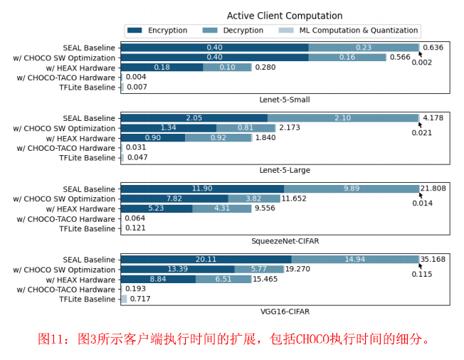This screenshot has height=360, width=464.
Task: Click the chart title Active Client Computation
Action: click(x=284, y=16)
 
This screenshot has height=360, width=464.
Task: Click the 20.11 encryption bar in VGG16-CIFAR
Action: click(x=206, y=260)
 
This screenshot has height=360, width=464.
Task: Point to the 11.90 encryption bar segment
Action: click(x=202, y=189)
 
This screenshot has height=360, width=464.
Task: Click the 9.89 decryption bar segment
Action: click(x=351, y=189)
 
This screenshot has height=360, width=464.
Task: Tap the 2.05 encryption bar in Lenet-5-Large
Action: click(x=194, y=118)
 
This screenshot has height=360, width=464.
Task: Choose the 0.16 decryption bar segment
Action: click(x=347, y=57)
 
